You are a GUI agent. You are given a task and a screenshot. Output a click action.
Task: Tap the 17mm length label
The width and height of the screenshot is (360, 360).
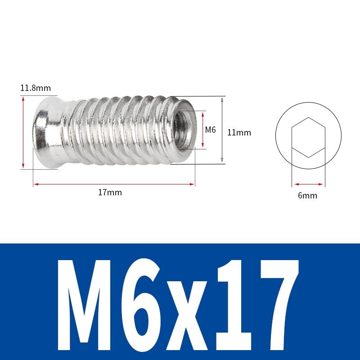(x=110, y=193)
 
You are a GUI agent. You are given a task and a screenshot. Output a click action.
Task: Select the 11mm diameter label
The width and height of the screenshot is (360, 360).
(x=239, y=133)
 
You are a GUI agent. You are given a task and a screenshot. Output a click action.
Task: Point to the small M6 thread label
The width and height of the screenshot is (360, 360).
(x=211, y=130)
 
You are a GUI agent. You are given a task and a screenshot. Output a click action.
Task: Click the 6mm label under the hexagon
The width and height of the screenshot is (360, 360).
(x=308, y=195)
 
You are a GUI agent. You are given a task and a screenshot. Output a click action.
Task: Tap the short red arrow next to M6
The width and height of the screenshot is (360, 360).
(x=203, y=130)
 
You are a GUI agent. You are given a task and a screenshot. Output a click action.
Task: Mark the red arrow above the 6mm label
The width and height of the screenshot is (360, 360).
(x=308, y=184)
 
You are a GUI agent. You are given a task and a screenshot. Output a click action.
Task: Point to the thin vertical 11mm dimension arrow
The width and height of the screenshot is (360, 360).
(x=222, y=130)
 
